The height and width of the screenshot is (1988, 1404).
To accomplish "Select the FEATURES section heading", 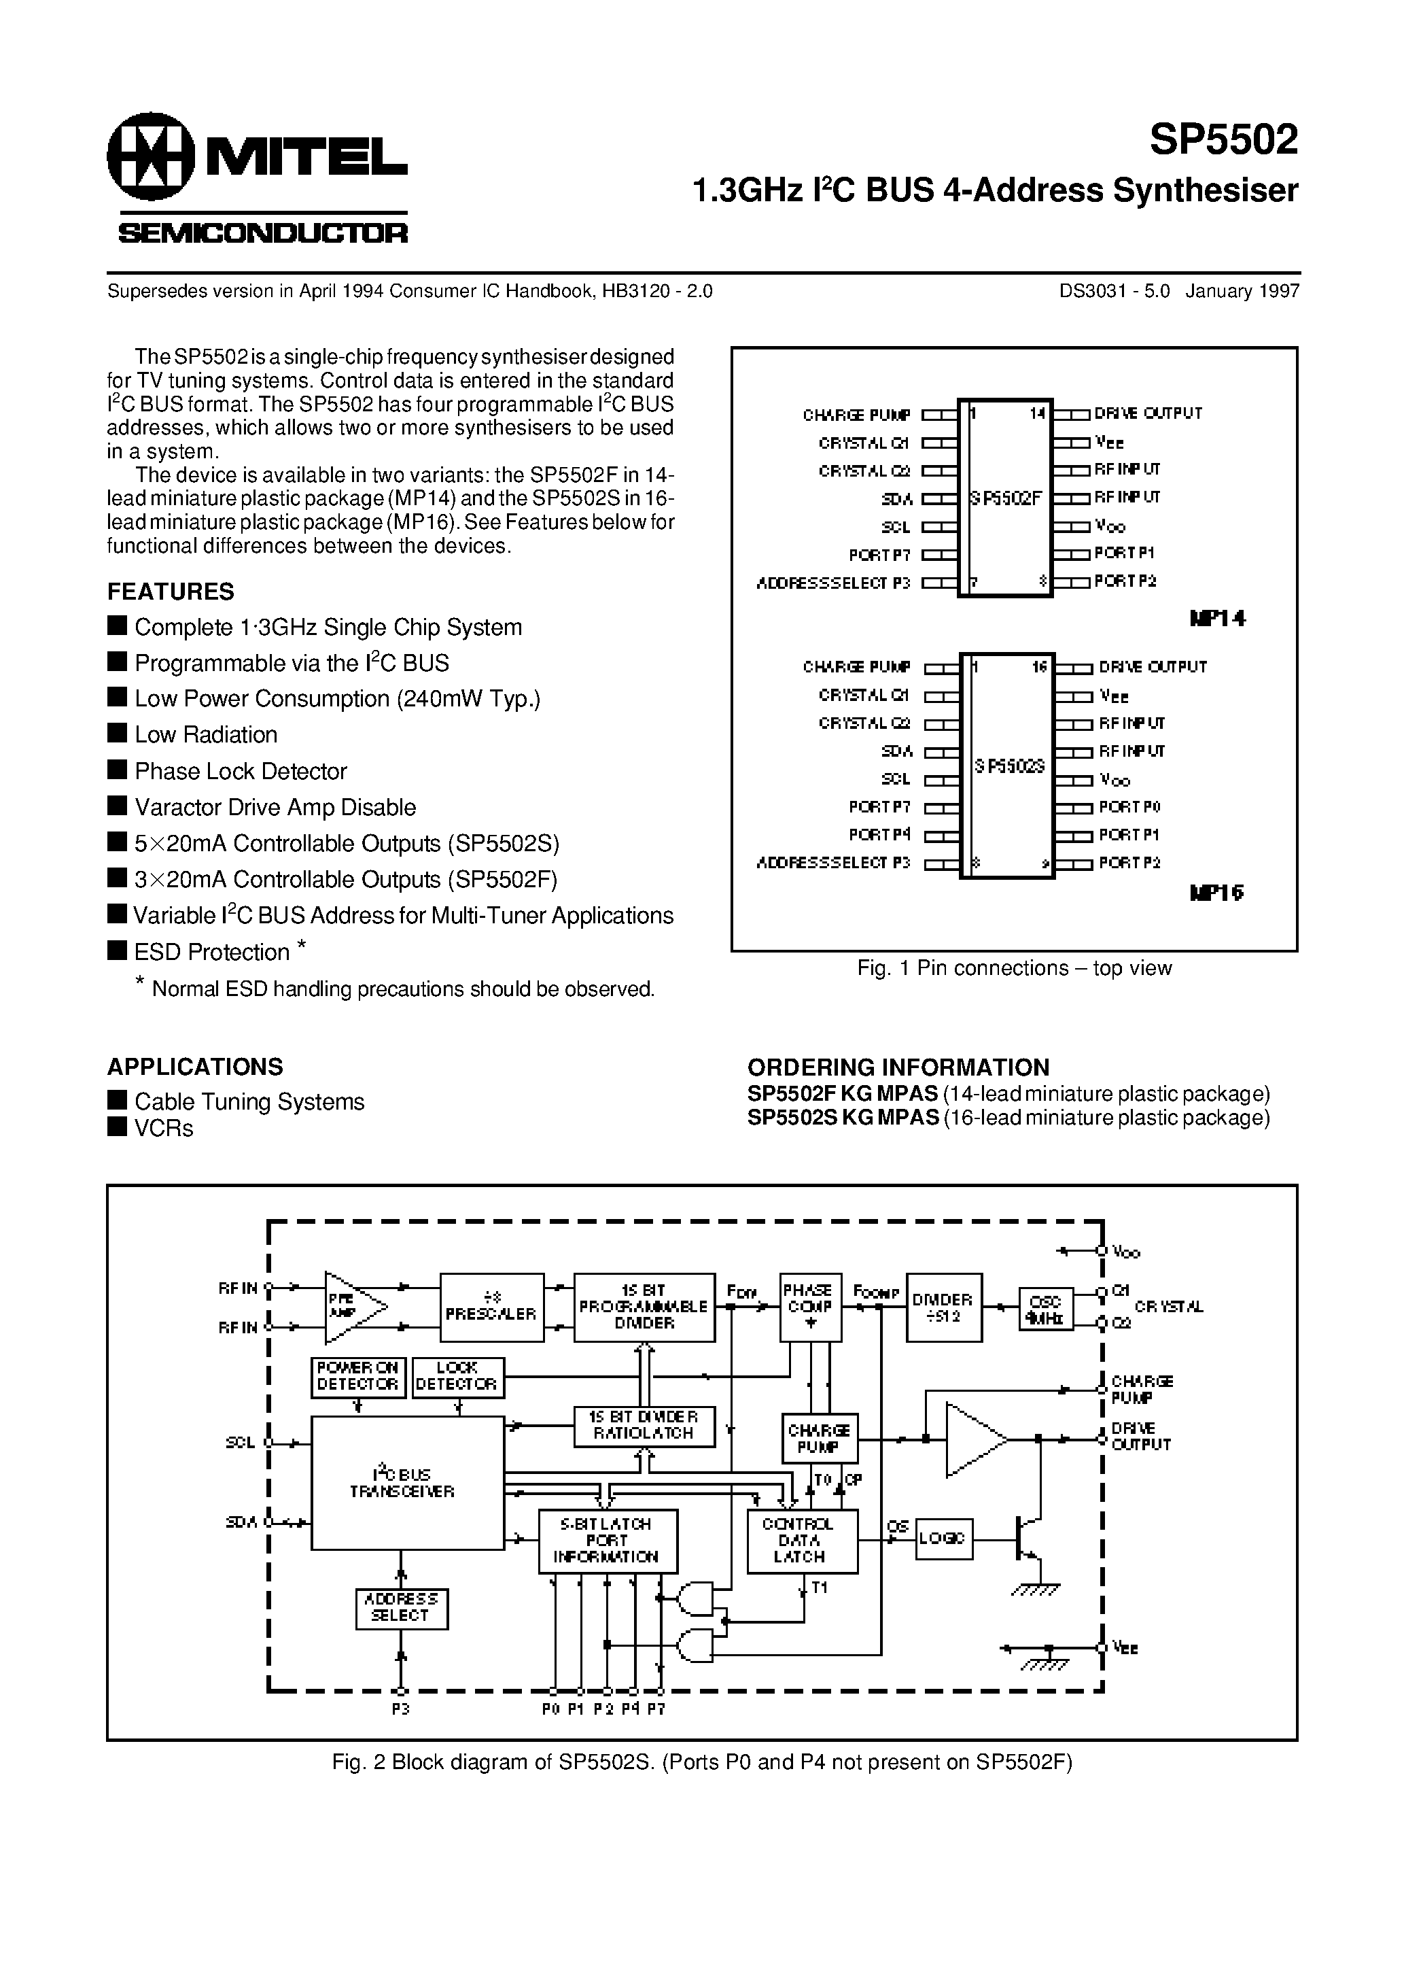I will [171, 592].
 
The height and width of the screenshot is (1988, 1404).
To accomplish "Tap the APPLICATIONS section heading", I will [195, 1066].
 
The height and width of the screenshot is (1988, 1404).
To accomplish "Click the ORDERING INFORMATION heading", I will [898, 1067].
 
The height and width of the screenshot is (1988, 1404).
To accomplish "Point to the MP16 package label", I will [1217, 893].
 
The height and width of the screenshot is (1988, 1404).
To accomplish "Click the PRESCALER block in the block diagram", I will [491, 1307].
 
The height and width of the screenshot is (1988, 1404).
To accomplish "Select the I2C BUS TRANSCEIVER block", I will [407, 1482].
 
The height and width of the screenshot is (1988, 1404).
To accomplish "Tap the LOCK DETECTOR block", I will [457, 1377].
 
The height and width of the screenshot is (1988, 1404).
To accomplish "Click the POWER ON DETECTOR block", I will [357, 1377].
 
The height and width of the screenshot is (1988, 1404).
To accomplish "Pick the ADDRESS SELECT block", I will [401, 1607].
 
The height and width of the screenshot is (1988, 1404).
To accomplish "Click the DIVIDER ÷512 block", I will [943, 1307].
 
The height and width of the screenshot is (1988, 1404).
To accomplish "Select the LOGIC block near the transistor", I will [943, 1539].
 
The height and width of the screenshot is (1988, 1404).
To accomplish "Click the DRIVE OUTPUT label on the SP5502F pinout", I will [1148, 414].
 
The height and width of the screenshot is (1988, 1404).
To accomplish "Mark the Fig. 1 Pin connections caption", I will [1014, 968].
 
